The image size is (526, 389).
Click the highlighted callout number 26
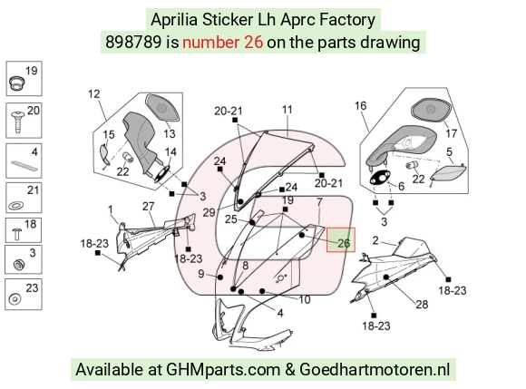344,243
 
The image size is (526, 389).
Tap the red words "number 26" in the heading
223,43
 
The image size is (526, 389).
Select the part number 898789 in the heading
133,43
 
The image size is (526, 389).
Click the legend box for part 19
24,79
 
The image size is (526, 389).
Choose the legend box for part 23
24,294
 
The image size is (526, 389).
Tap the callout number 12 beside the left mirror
94,94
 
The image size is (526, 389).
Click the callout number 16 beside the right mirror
361,105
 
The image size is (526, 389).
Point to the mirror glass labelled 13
162,108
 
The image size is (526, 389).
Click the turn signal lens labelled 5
448,173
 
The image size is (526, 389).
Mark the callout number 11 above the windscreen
287,110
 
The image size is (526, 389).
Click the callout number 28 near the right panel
422,305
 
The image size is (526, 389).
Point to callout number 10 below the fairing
305,299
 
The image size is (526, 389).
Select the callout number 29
209,212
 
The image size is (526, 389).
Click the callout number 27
148,206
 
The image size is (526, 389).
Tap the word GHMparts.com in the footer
223,370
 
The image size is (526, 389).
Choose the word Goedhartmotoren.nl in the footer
375,370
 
